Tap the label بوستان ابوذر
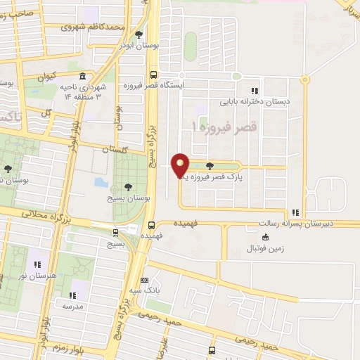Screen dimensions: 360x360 coord(139,44)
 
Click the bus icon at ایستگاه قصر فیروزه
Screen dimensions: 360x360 coord(154,75)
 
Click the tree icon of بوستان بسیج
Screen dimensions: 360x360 coord(127,186)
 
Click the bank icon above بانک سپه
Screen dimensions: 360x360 coord(145,279)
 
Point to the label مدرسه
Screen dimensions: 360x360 coord(73,306)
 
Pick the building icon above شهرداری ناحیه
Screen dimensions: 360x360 coord(83,77)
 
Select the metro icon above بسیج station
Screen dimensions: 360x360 coord(115,231)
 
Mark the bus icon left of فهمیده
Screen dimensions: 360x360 coord(151,225)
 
